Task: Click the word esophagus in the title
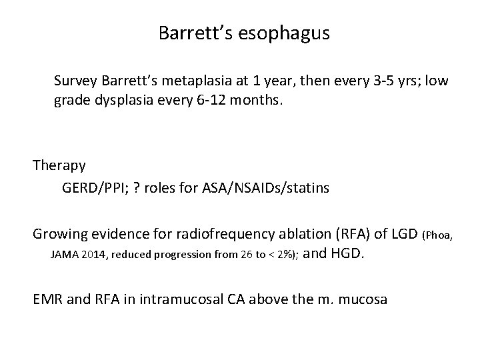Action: pyautogui.click(x=287, y=33)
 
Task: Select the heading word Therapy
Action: pyautogui.click(x=59, y=165)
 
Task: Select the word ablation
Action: pyautogui.click(x=296, y=233)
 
